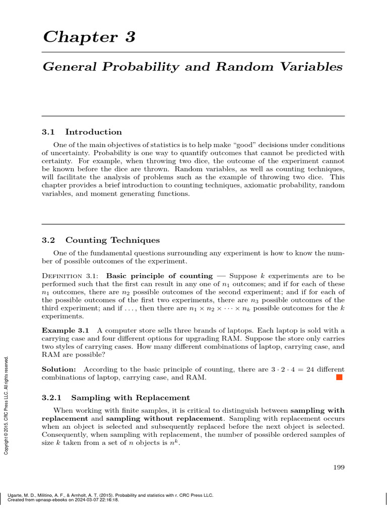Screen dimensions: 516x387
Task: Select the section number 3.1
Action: tap(48, 132)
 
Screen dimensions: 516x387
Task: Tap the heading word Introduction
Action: tap(94, 132)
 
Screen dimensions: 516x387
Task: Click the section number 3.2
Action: tap(48, 240)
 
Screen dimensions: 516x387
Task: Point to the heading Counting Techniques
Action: tap(112, 240)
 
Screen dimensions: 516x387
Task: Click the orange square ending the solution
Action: tap(339, 378)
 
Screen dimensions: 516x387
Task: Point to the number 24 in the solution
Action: tap(307, 369)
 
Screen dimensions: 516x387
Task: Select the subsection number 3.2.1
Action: tap(51, 398)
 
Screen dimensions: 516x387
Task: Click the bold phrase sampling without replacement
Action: tap(164, 419)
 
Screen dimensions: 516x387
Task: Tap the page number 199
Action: tap(339, 468)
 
